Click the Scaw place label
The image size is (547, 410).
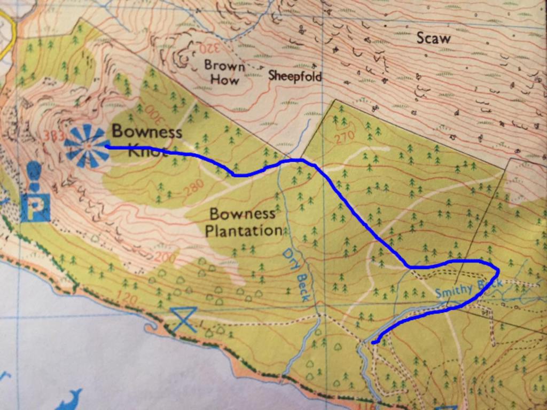(433, 38)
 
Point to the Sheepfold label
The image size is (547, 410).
(295, 76)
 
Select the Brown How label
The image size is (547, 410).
(224, 73)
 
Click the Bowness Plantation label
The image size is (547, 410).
(243, 223)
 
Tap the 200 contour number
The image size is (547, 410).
(165, 257)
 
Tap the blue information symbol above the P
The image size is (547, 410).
(34, 172)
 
